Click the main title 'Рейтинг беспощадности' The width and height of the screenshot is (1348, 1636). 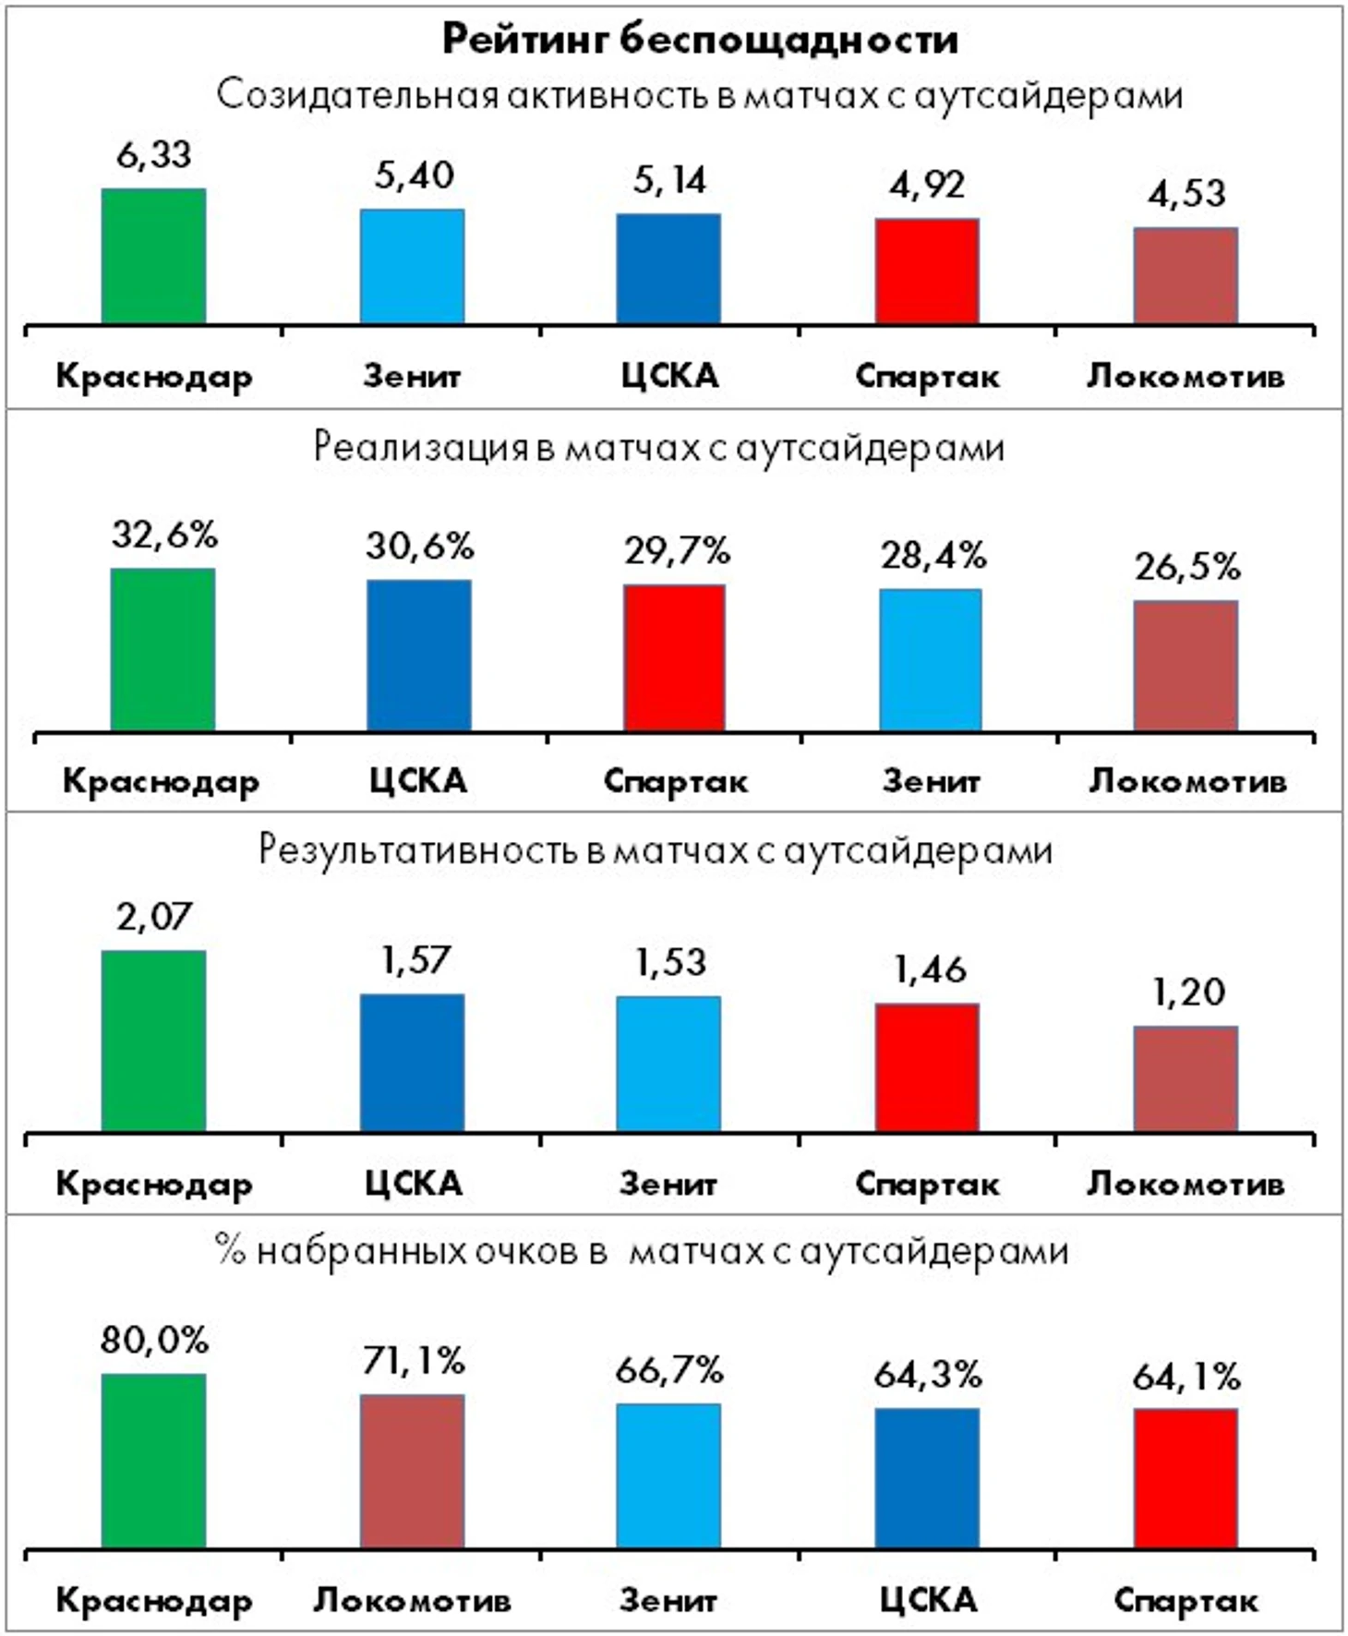point(699,40)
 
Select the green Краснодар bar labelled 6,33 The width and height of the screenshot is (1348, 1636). point(153,256)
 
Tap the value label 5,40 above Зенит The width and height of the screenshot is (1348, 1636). point(414,174)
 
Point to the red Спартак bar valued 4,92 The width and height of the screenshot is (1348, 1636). point(927,271)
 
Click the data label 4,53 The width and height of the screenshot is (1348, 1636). point(1186,194)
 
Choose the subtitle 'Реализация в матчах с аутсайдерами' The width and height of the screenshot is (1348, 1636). point(658,448)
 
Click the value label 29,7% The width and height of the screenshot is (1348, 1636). point(677,551)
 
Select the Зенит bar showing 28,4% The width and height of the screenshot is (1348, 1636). point(931,660)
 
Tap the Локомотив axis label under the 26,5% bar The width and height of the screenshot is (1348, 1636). point(1187,782)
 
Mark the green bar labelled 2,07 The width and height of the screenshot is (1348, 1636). point(153,1041)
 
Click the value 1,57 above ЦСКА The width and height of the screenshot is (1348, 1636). point(414,961)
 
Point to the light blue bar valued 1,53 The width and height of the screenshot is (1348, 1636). point(668,1064)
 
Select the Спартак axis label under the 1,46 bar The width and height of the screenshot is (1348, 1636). point(927,1184)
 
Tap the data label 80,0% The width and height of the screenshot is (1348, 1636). point(154,1340)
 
